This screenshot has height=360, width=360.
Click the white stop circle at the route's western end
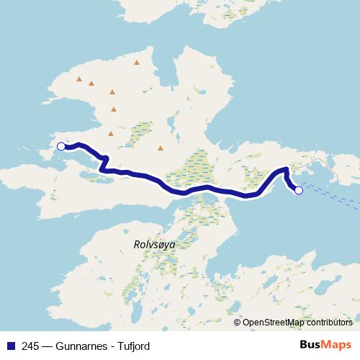coord(61,146)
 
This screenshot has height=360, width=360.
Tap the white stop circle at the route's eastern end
coord(299,191)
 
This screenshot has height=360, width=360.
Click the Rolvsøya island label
coord(154,244)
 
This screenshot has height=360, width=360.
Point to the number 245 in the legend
coord(30,346)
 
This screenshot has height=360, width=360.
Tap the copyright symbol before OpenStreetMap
coord(237,323)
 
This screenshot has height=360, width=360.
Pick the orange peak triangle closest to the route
coord(161,148)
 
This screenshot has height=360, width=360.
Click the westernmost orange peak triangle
coord(79,79)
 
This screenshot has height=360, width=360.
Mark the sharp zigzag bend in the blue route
coord(104,162)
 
